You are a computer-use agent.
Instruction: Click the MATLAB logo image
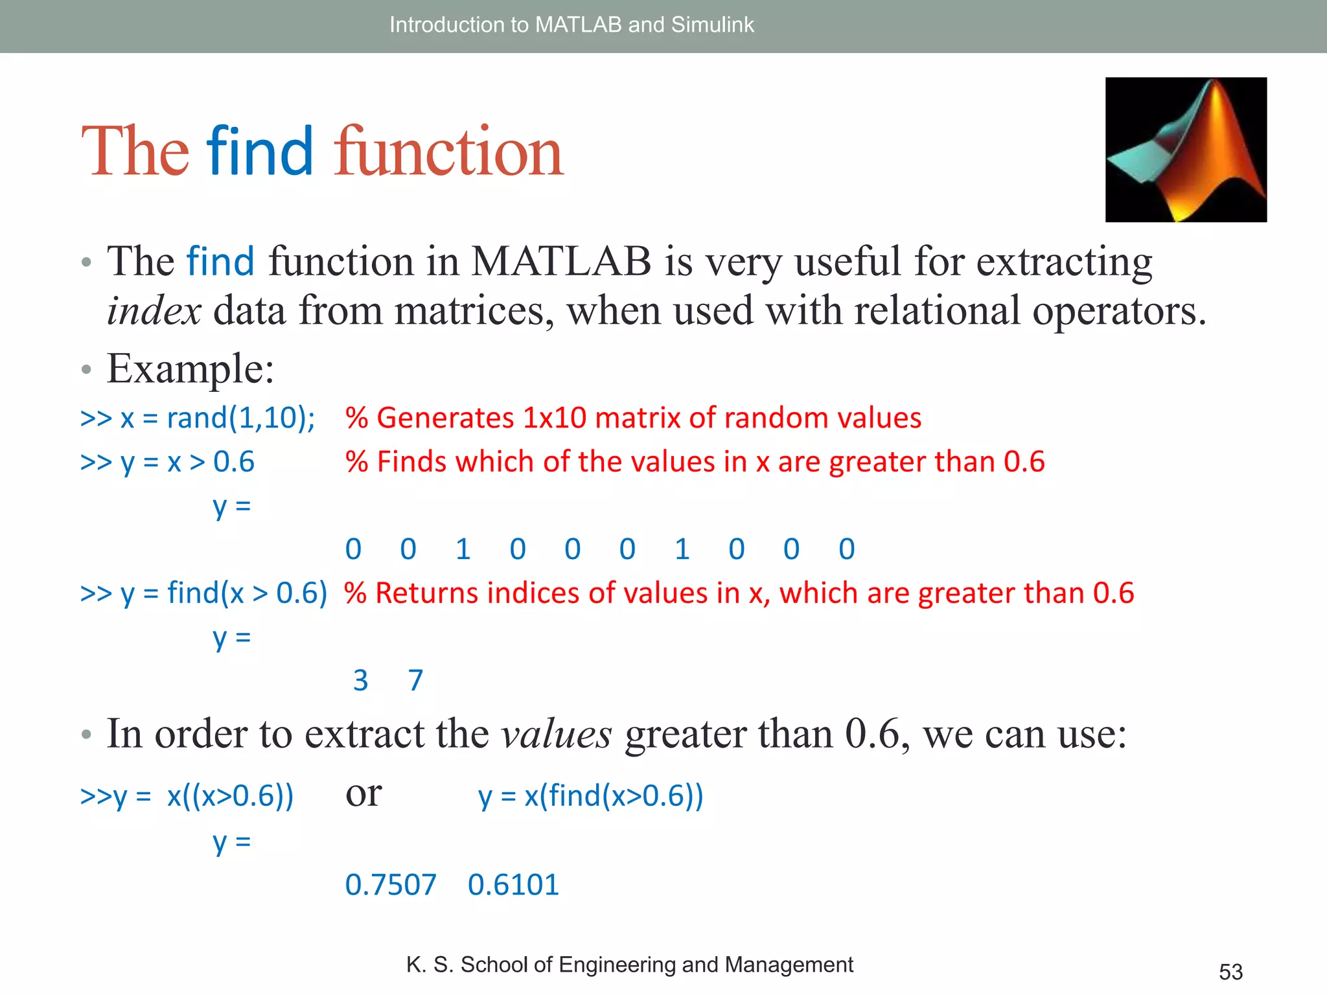point(1186,150)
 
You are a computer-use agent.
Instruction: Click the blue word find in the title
point(260,152)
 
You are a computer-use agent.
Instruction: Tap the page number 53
point(1230,972)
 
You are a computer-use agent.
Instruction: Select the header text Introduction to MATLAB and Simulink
point(571,25)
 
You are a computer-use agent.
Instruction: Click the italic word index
point(154,311)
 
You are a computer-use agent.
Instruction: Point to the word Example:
point(190,369)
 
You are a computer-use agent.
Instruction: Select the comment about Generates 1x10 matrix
point(632,418)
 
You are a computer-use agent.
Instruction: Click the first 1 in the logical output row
point(463,549)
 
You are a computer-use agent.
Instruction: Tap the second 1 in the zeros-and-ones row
point(682,549)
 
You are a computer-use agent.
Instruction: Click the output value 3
point(361,681)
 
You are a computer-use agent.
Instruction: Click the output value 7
point(415,681)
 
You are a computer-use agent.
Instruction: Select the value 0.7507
point(391,885)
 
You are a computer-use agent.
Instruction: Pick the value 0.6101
point(513,885)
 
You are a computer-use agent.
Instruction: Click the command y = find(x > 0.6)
point(203,593)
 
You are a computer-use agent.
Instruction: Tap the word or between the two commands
point(363,794)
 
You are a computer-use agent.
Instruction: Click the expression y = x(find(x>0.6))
point(591,796)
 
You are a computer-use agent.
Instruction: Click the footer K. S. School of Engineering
point(629,965)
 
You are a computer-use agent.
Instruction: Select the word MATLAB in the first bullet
point(560,262)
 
